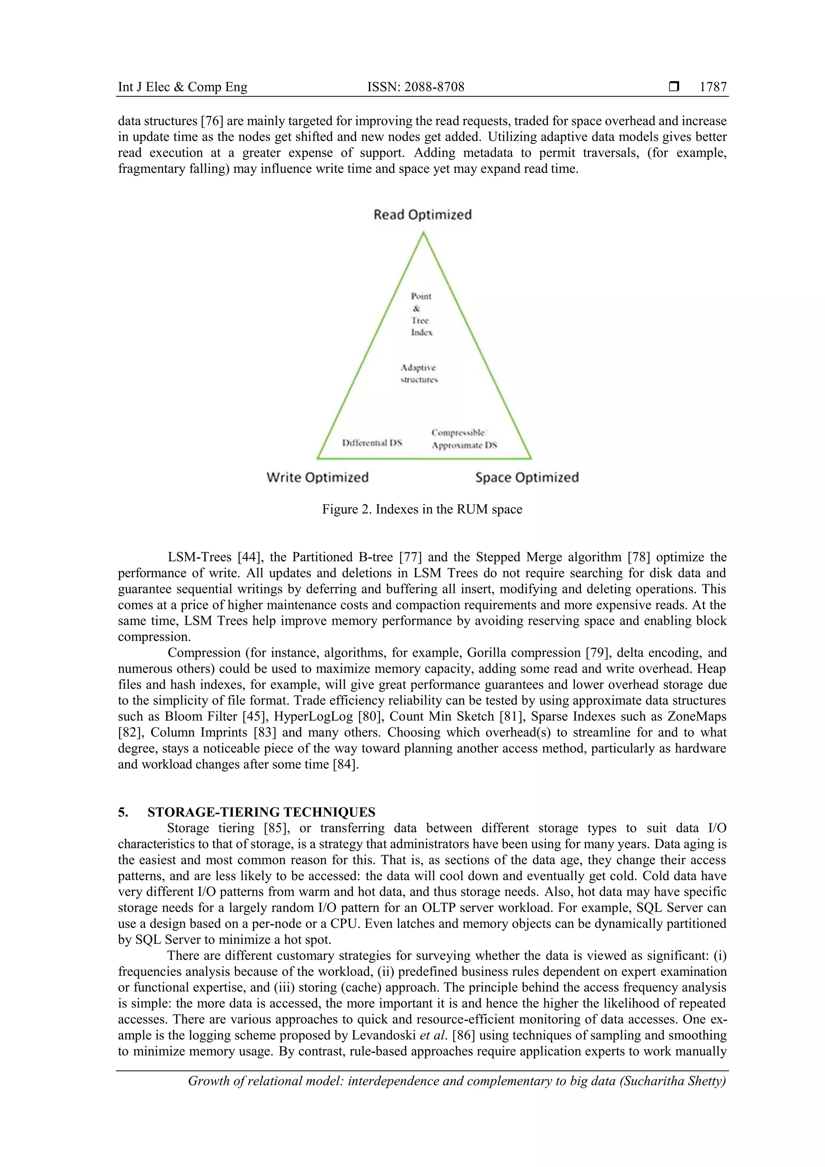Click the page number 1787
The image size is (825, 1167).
(713, 87)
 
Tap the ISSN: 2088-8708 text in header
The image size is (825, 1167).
(415, 87)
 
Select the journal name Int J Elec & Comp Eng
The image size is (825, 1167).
(182, 87)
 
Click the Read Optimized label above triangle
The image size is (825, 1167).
(423, 214)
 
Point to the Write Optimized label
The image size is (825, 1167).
(317, 477)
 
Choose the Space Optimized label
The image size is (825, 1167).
(527, 477)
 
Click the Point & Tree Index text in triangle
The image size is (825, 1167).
(421, 314)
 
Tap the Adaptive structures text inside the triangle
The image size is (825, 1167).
(419, 373)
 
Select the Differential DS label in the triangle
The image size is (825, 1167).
(372, 443)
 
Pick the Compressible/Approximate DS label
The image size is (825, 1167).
(464, 439)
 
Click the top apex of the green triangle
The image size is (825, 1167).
(423, 233)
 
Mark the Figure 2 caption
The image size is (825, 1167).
(422, 509)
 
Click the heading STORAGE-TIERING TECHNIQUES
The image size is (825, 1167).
(261, 812)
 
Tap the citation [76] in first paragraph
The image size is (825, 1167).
(212, 121)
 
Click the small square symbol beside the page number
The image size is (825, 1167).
(674, 87)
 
